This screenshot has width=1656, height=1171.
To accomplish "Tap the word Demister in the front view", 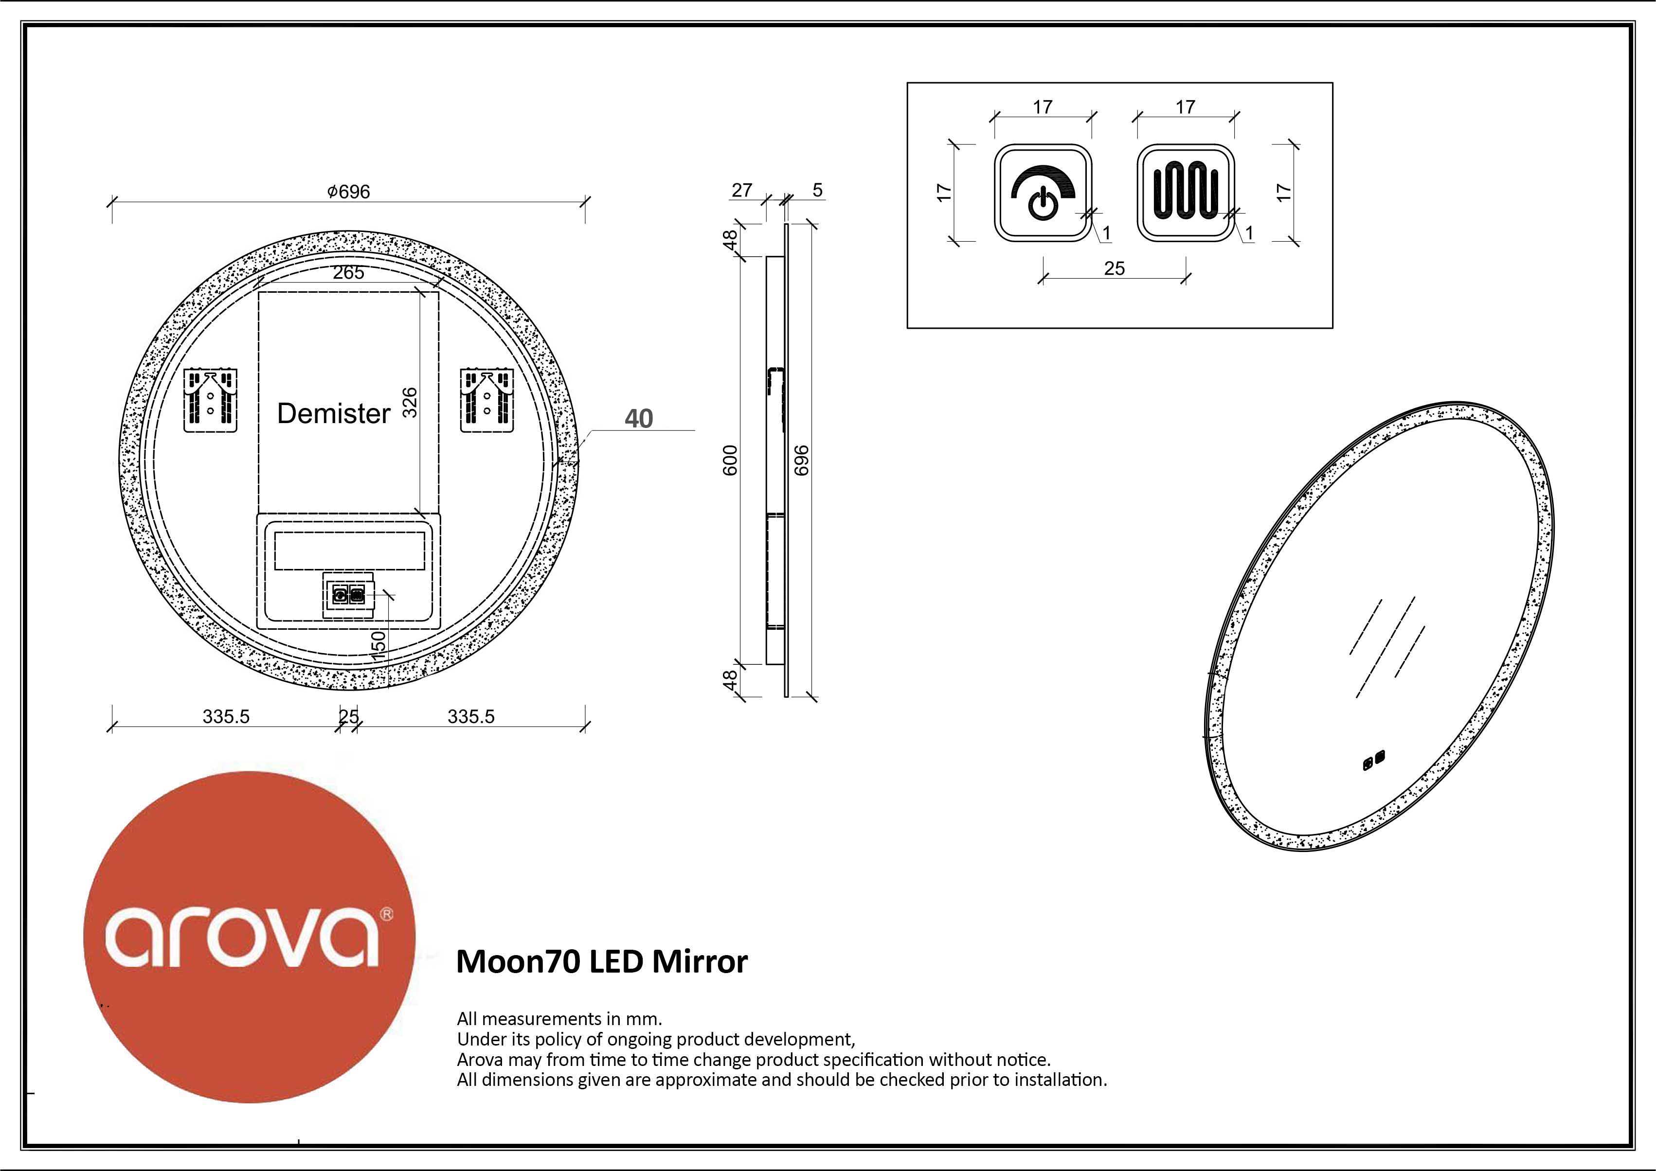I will (333, 413).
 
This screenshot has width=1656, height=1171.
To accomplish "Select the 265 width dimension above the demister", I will (348, 272).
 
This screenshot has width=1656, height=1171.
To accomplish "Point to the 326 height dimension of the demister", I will (410, 402).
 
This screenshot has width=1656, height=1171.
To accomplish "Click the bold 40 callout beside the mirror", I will (638, 418).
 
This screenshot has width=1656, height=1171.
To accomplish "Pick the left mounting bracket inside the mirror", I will (211, 401).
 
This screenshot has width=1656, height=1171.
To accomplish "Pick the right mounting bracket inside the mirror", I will (487, 401).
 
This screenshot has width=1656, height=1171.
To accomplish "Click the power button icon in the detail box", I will (1043, 193).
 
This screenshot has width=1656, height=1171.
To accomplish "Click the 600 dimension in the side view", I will (731, 460).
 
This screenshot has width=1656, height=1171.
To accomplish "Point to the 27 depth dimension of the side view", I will (742, 190).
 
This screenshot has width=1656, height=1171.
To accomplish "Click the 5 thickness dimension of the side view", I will (817, 190).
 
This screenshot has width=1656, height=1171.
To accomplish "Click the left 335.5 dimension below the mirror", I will (226, 717).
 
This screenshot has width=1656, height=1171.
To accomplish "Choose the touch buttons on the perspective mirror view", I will (1373, 760).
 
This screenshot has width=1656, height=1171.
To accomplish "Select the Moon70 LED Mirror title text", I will (602, 961).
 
